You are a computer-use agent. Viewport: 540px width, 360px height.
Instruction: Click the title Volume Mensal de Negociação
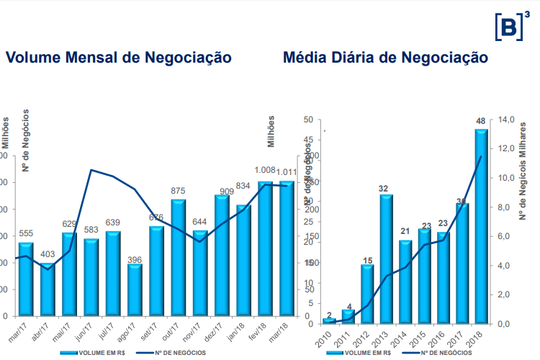pyautogui.click(x=118, y=58)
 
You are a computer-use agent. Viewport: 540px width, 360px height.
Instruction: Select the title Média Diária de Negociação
pyautogui.click(x=386, y=58)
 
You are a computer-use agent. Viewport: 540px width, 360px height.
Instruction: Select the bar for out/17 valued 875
pyautogui.click(x=179, y=258)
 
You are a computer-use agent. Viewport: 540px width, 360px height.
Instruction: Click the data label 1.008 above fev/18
pyautogui.click(x=266, y=171)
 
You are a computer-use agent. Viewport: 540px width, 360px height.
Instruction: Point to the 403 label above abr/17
pyautogui.click(x=48, y=254)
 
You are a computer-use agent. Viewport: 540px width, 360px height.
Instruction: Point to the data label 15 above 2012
pyautogui.click(x=367, y=260)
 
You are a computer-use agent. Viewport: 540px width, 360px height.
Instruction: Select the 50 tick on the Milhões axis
pyautogui.click(x=307, y=120)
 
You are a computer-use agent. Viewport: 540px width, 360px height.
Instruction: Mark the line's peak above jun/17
pyautogui.click(x=91, y=170)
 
